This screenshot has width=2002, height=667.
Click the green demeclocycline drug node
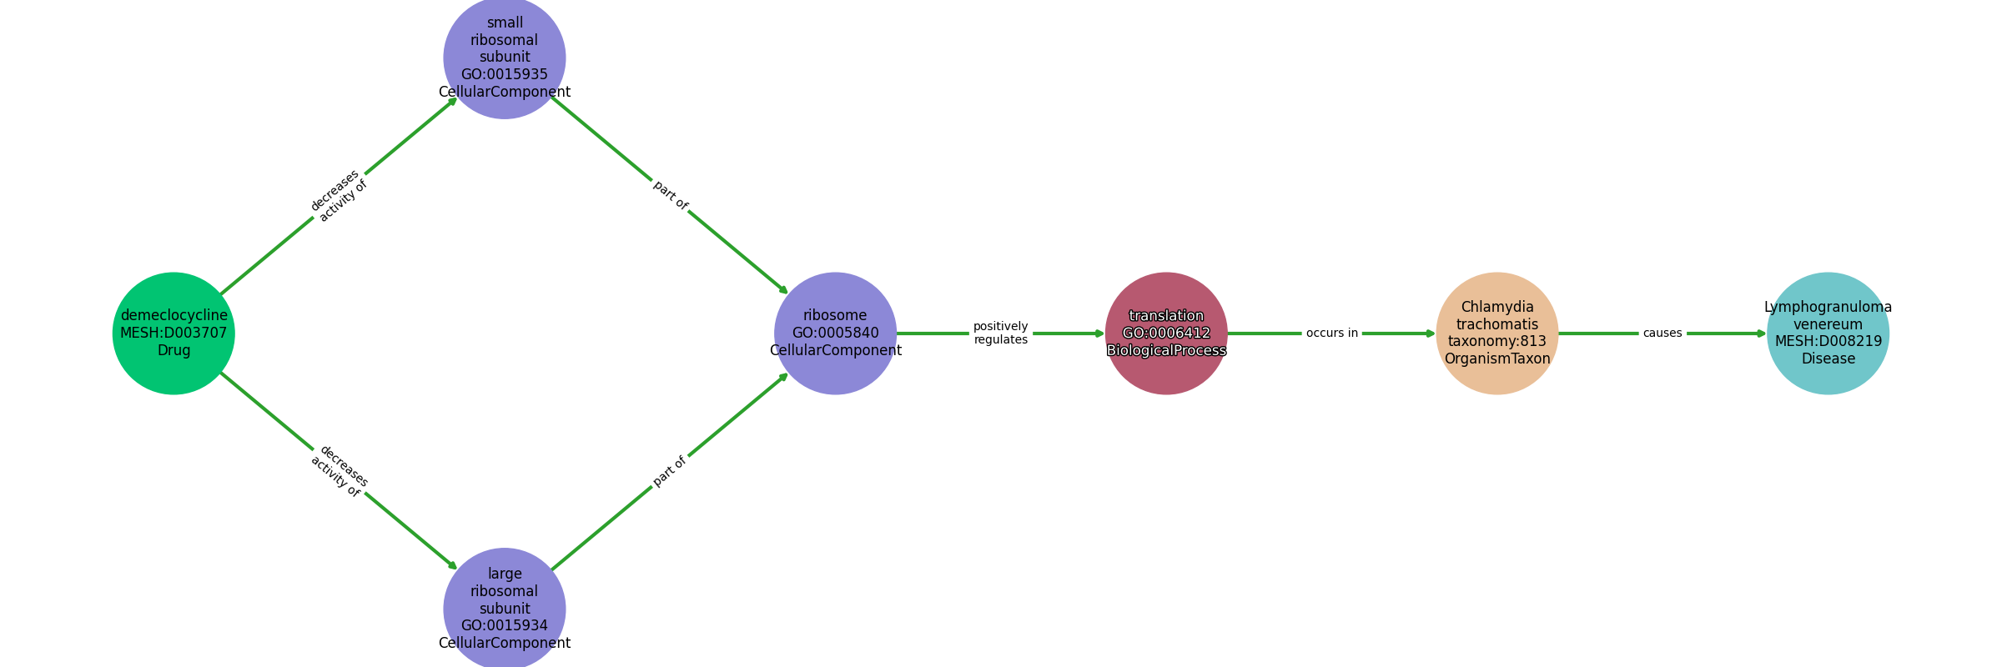pos(174,333)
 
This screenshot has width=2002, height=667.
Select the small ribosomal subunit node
pos(505,58)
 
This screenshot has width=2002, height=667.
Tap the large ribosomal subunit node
pos(505,609)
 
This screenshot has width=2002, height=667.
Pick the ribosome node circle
pos(835,333)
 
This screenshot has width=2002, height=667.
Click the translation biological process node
pos(1166,333)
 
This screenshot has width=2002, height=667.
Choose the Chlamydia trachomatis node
pos(1497,333)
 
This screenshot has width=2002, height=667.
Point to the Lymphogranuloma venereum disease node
pos(1828,333)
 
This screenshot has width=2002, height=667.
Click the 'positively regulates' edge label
pos(1001,333)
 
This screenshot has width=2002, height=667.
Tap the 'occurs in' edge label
pos(1332,333)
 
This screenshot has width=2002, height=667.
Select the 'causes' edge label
pos(1662,333)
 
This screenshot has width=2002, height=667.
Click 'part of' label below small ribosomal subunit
pos(671,195)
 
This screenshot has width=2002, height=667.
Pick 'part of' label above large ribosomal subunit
pos(670,471)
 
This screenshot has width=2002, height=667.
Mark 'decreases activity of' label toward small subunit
pos(339,196)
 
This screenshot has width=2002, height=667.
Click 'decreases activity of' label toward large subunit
pos(340,471)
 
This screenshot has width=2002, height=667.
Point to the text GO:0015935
pos(505,74)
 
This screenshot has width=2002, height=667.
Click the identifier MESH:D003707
pos(174,333)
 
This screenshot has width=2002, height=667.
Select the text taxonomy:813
pos(1497,341)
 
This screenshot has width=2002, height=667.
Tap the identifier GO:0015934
pos(505,625)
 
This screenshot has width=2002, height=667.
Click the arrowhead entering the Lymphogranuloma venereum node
pos(1762,333)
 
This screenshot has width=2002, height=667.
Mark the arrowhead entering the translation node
pos(1100,333)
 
